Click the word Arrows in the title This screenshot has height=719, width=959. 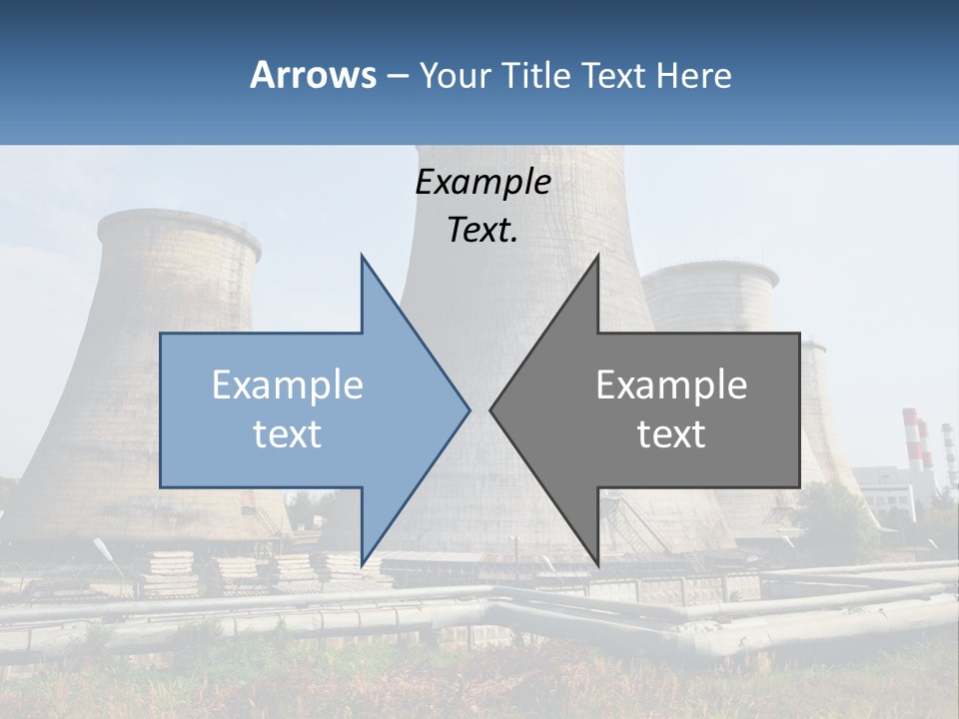click(313, 75)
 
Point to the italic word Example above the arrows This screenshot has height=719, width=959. click(482, 183)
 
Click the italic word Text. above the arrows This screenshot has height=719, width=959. click(482, 231)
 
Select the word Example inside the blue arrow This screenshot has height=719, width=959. click(288, 385)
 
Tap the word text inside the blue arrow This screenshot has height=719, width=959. click(288, 434)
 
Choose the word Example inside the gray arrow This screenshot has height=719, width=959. click(671, 385)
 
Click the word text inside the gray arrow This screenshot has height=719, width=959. click(671, 434)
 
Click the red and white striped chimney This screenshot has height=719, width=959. click(911, 439)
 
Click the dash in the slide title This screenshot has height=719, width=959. click(397, 76)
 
